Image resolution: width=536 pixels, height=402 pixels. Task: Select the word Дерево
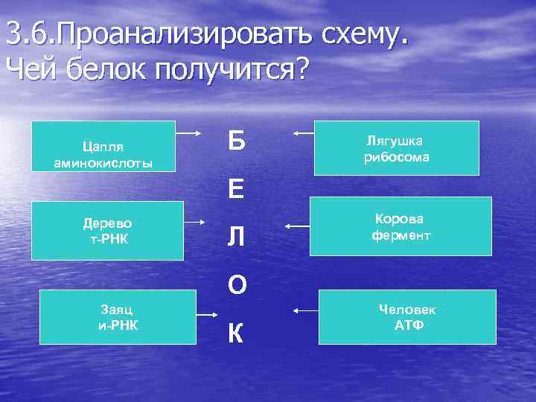click(x=108, y=223)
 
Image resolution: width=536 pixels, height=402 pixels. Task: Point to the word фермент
click(x=401, y=236)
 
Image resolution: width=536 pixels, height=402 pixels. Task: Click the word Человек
click(x=407, y=309)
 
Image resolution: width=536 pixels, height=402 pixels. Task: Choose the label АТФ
click(x=407, y=325)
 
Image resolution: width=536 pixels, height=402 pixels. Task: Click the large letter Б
click(x=236, y=138)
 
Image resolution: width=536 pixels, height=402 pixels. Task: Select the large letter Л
click(x=236, y=237)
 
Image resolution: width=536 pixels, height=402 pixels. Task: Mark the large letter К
click(x=236, y=334)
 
